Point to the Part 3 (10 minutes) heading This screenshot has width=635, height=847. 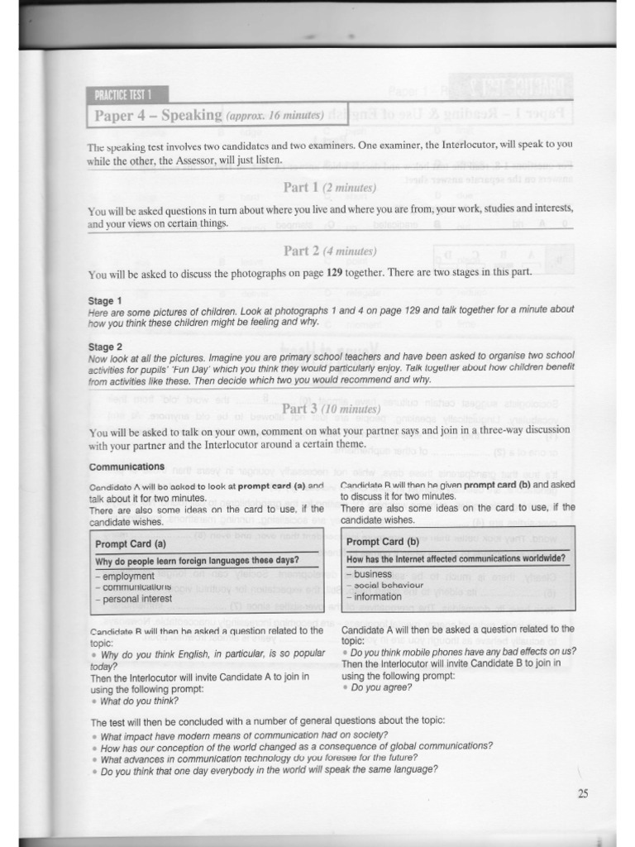click(331, 409)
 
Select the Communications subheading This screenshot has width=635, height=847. click(127, 467)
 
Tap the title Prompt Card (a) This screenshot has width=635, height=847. click(131, 543)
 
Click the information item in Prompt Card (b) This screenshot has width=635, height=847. click(377, 596)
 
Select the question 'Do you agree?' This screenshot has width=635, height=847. click(379, 687)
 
